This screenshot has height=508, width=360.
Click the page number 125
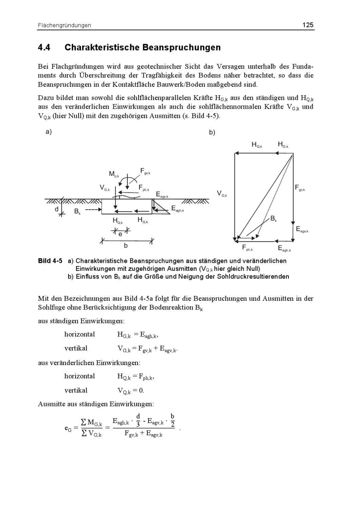[308, 25]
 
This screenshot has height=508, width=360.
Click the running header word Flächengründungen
[64, 25]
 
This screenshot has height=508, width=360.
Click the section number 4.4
[44, 47]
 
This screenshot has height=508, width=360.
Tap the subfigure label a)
[48, 132]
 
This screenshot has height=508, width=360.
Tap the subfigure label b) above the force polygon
[212, 132]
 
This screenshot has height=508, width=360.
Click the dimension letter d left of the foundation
[57, 209]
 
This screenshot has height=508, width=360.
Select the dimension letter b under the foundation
[126, 246]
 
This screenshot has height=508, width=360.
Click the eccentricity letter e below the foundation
[120, 234]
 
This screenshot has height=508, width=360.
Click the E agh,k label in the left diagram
[177, 209]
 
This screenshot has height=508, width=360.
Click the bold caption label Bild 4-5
[50, 261]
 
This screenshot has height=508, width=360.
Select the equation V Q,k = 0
[131, 390]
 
